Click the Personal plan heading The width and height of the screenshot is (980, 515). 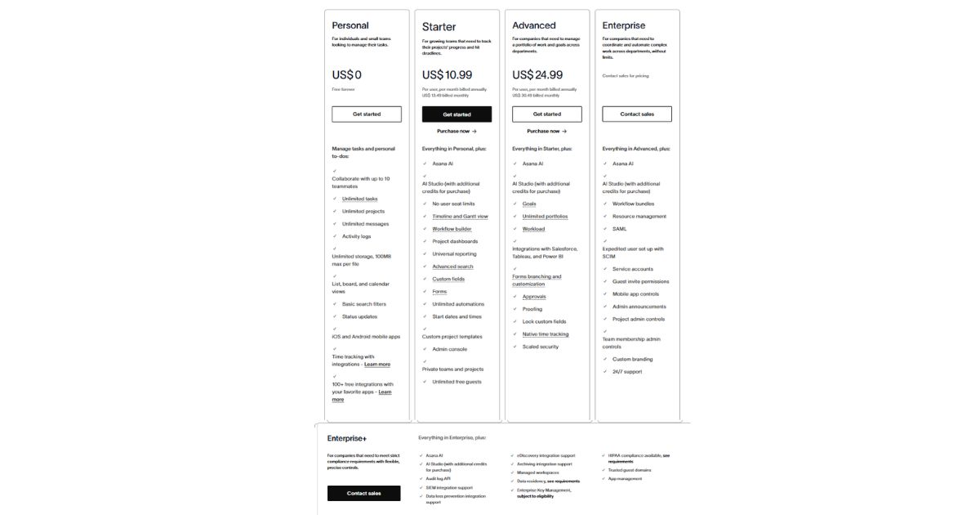tap(350, 25)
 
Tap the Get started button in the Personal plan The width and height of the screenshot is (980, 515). tap(367, 114)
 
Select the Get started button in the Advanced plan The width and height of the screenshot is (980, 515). tap(547, 114)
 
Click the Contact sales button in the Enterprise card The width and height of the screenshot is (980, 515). tap(637, 114)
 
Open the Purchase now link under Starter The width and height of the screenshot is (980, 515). tap(457, 131)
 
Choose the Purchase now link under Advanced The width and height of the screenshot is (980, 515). tap(547, 131)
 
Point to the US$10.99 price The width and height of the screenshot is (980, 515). tap(447, 75)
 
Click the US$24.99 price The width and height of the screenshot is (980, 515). tap(537, 75)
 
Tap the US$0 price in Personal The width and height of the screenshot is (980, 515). tap(346, 75)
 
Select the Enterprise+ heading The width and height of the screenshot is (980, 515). tap(347, 438)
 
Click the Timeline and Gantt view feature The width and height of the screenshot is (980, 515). tap(460, 217)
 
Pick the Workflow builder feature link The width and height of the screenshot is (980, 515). tap(452, 229)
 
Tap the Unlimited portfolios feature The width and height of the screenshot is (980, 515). tap(545, 217)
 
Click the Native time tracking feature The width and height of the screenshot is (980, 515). tap(546, 334)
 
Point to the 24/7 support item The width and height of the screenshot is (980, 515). tap(627, 372)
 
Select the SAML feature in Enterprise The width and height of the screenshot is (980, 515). tap(620, 229)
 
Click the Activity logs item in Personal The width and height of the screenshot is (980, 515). tap(356, 236)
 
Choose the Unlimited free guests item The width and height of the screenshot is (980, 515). tap(457, 382)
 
